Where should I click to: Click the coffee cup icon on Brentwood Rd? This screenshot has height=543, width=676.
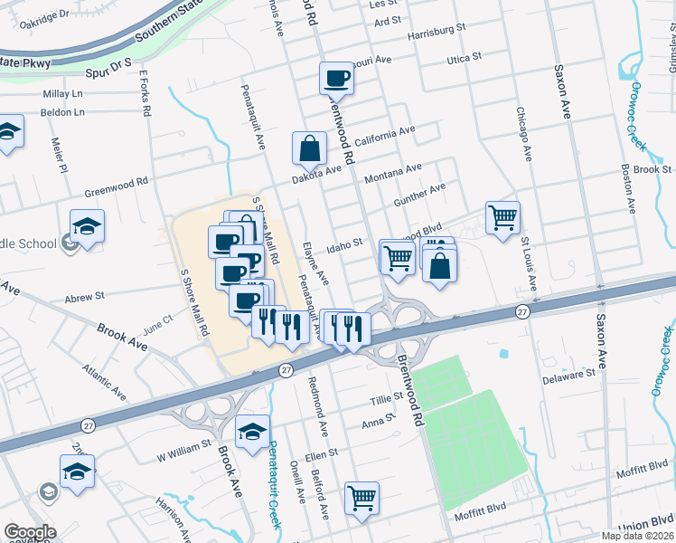[x=336, y=78]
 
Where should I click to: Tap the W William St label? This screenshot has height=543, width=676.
[x=183, y=445]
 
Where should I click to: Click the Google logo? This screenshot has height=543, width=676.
[x=30, y=532]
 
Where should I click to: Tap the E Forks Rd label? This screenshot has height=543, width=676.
[x=144, y=93]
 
